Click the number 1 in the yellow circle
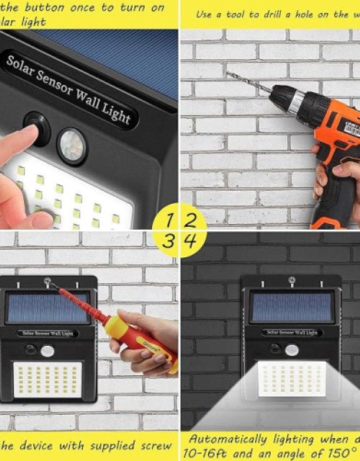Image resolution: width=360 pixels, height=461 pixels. point(169,218)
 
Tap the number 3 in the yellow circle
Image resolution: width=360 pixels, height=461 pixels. point(168,241)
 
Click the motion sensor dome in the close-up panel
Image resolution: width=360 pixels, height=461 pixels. point(71,140)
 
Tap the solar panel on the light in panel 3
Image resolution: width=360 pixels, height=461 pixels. point(48,306)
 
